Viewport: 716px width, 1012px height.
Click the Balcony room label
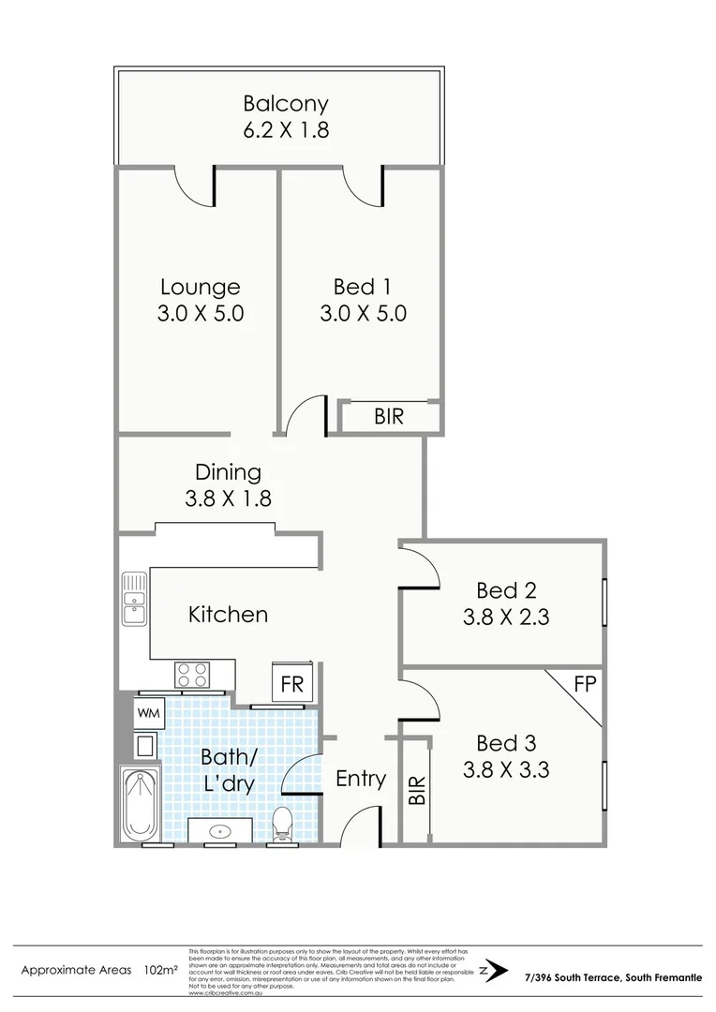[x=286, y=104]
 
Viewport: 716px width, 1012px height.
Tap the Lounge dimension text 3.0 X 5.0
[x=201, y=314]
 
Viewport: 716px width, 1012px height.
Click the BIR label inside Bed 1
[x=389, y=417]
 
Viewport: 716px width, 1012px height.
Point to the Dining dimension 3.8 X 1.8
[x=229, y=499]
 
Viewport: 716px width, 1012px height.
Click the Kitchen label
[x=228, y=615]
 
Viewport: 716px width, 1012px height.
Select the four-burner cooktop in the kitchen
[x=193, y=675]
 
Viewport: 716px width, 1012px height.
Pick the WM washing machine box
[x=148, y=713]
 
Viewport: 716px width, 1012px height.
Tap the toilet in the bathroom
[x=281, y=825]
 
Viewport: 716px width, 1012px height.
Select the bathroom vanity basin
[x=220, y=830]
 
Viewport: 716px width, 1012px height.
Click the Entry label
[x=361, y=779]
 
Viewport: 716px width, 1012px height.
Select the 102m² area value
[x=161, y=969]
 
